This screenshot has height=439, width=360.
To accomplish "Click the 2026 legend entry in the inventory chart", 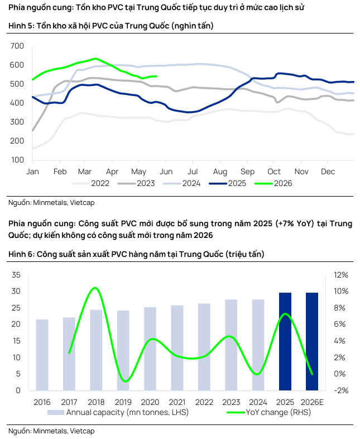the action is [x=273, y=183].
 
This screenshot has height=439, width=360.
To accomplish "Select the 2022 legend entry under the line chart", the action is [x=90, y=183].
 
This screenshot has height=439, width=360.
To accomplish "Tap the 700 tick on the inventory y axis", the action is [x=17, y=46].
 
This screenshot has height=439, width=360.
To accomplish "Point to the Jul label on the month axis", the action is [x=193, y=171].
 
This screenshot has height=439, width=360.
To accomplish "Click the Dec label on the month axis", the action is [x=328, y=171].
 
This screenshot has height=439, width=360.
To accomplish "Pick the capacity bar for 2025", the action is [x=285, y=341].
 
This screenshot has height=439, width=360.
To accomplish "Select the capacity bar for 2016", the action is [x=42, y=355].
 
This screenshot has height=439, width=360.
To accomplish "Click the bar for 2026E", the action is [x=312, y=341].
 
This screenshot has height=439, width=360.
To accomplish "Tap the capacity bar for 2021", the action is [x=177, y=348].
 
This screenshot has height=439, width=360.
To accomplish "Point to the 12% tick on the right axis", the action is [x=341, y=275].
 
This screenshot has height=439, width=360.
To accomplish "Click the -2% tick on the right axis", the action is [x=341, y=390].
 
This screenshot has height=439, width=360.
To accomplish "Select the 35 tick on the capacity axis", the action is [x=16, y=275].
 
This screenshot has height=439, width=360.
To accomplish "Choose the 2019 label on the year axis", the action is [x=123, y=402].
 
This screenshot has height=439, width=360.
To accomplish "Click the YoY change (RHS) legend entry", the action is [x=268, y=412].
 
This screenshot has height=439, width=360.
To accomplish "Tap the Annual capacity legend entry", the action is [x=118, y=412].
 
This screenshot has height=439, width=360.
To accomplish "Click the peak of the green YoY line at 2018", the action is [x=95, y=288].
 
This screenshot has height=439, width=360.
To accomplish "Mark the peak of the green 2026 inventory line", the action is [x=95, y=59].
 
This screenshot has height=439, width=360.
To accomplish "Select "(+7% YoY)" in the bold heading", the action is [x=295, y=223].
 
